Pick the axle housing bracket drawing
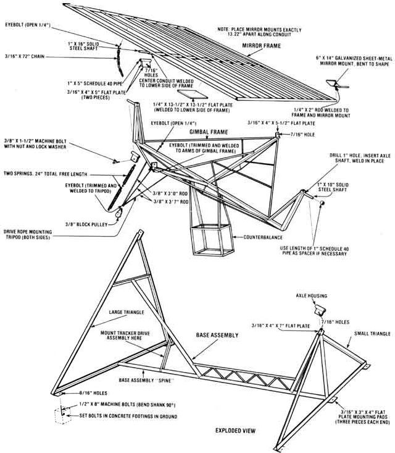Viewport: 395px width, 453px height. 321,308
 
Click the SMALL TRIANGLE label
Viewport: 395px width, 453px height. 372,334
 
